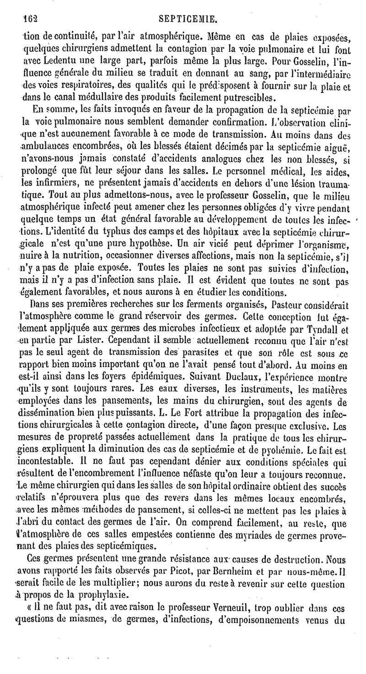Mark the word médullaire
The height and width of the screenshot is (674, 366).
tap(106, 97)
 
